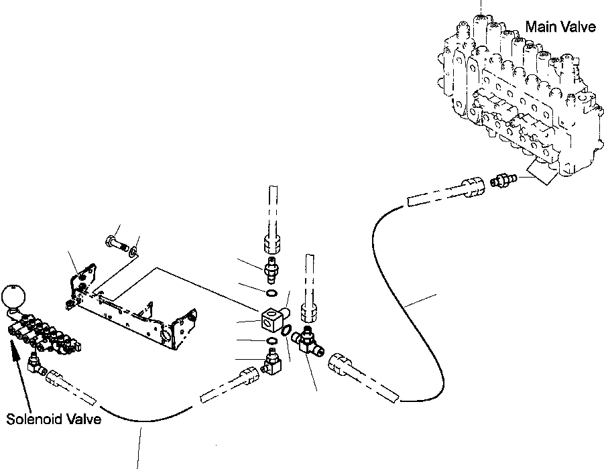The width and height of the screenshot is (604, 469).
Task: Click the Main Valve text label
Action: (x=560, y=27)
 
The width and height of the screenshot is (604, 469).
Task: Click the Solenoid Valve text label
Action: (x=54, y=419)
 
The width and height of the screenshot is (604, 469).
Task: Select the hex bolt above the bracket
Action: (x=117, y=243)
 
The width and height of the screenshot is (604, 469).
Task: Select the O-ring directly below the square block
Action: (x=271, y=341)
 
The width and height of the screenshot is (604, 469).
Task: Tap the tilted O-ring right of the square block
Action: (x=287, y=330)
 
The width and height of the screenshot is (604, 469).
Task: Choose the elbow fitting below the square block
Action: (x=272, y=362)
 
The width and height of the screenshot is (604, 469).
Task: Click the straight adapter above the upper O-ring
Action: (x=271, y=269)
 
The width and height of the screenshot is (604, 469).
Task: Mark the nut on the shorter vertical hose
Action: (x=309, y=312)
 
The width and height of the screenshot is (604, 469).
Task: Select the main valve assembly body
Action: (x=520, y=96)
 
